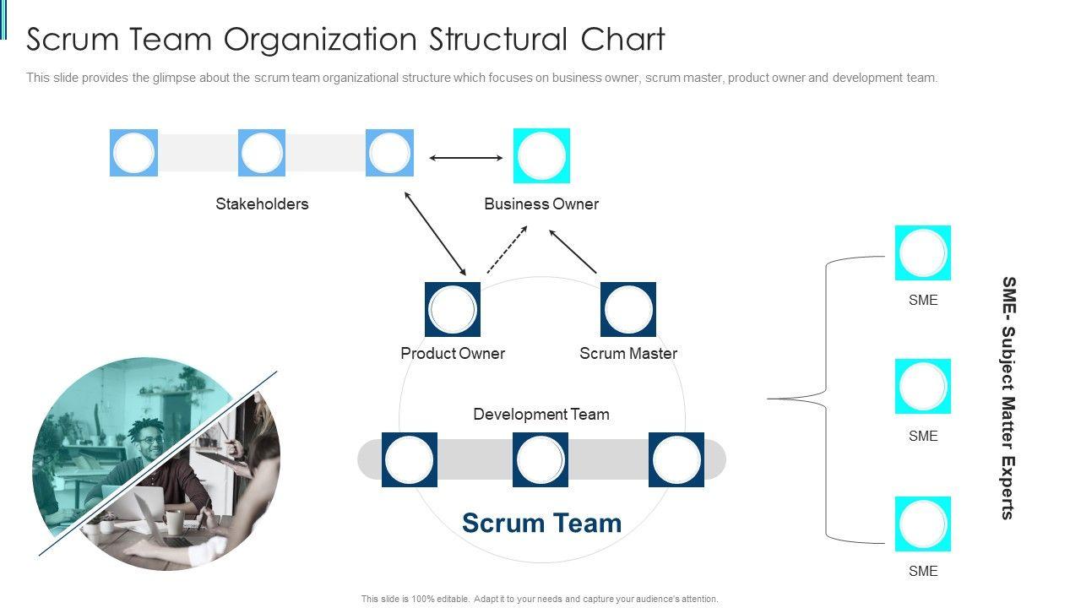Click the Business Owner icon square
pos(541,155)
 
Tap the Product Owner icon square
pos(453,309)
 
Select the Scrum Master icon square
pos(628,309)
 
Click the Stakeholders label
pos(262,204)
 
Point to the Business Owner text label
pos(541,204)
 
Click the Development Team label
pos(541,414)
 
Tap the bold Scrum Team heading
pos(541,523)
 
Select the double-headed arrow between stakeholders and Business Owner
pos(465,157)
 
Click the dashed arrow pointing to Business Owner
pos(507,249)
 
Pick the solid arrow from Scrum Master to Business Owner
pos(573,251)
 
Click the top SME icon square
pos(923,252)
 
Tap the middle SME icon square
pos(923,386)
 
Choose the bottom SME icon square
pos(923,524)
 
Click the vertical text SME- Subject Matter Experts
pos(1008,397)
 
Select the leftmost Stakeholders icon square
pos(133,153)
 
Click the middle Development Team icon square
pos(540,459)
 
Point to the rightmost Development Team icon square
pos(676,459)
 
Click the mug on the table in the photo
pos(173,522)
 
